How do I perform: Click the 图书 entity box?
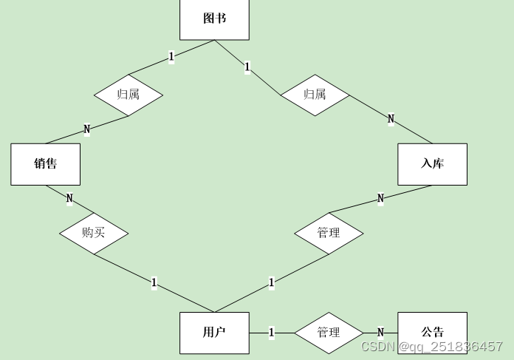[x=214, y=18]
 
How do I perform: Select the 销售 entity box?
[x=45, y=164]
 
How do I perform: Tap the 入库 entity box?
[x=432, y=164]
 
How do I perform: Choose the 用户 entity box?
[x=214, y=333]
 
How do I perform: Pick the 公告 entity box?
[x=432, y=333]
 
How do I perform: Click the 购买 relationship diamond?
[x=94, y=233]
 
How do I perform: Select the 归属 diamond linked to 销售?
[x=128, y=95]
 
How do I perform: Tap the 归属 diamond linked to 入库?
[x=315, y=95]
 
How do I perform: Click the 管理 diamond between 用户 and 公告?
[x=329, y=333]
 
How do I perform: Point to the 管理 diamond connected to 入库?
[x=329, y=233]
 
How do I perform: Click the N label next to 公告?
[x=380, y=333]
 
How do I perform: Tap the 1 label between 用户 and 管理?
[x=271, y=333]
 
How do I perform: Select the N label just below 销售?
[x=69, y=198]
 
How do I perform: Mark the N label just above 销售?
[x=86, y=129]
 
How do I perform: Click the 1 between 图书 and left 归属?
[x=171, y=56]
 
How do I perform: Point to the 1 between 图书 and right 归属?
[x=247, y=67]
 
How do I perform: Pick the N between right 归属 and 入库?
[x=391, y=119]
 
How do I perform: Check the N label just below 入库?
[x=380, y=198]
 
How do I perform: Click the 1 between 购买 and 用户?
[x=154, y=282]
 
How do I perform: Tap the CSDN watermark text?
[x=432, y=346]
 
